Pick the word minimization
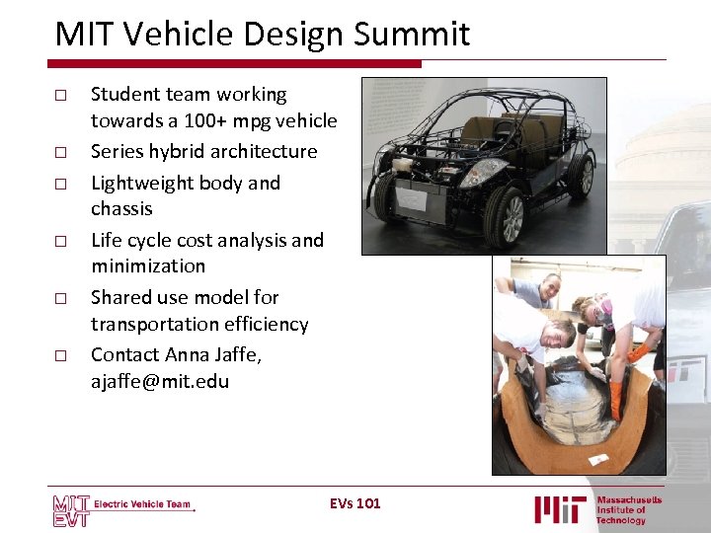(148, 266)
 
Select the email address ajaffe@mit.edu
(160, 381)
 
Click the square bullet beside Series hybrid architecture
(60, 153)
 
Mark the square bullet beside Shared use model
(60, 298)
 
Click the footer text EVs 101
(355, 503)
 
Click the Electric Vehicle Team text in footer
(142, 504)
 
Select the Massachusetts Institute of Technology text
(628, 509)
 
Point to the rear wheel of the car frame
(580, 175)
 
